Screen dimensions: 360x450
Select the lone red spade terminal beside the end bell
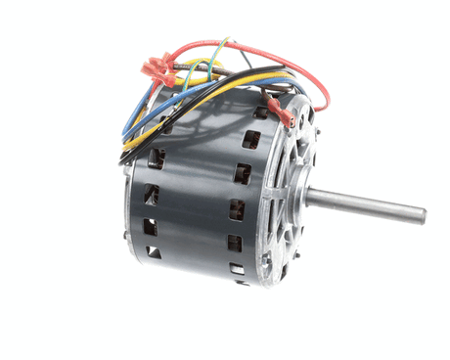(x=283, y=114)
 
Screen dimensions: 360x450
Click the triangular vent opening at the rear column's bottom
(x=155, y=252)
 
